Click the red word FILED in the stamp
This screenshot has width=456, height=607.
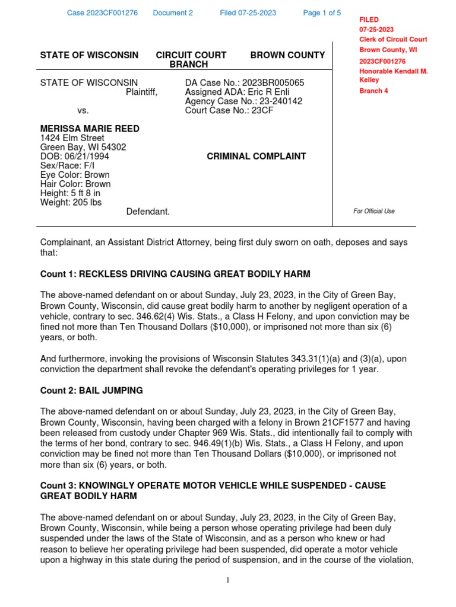[x=369, y=20]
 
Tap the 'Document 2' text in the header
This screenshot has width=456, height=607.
[x=173, y=13]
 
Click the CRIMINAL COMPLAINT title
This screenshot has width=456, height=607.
[x=256, y=156]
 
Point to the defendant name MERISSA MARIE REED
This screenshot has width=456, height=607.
[x=90, y=129]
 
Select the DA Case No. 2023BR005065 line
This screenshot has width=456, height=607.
[x=245, y=83]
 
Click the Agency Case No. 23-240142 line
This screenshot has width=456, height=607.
[x=243, y=101]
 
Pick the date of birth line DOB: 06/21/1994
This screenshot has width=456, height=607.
[x=74, y=156]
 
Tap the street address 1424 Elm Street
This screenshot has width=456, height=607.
[x=72, y=138]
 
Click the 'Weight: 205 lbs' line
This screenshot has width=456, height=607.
[x=71, y=202]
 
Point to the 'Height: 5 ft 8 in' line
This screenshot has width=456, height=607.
[x=70, y=193]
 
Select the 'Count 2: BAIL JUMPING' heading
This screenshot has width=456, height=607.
[x=91, y=391]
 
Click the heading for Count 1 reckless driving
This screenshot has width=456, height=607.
[x=175, y=274]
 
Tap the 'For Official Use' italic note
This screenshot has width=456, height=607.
[x=373, y=211]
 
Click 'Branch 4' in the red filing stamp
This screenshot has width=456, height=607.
[x=373, y=91]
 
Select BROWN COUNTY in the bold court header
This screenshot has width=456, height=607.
[x=287, y=55]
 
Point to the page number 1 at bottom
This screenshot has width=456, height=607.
[x=227, y=580]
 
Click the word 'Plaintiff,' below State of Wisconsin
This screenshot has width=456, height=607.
[x=141, y=92]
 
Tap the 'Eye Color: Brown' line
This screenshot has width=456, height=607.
[x=75, y=175]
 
